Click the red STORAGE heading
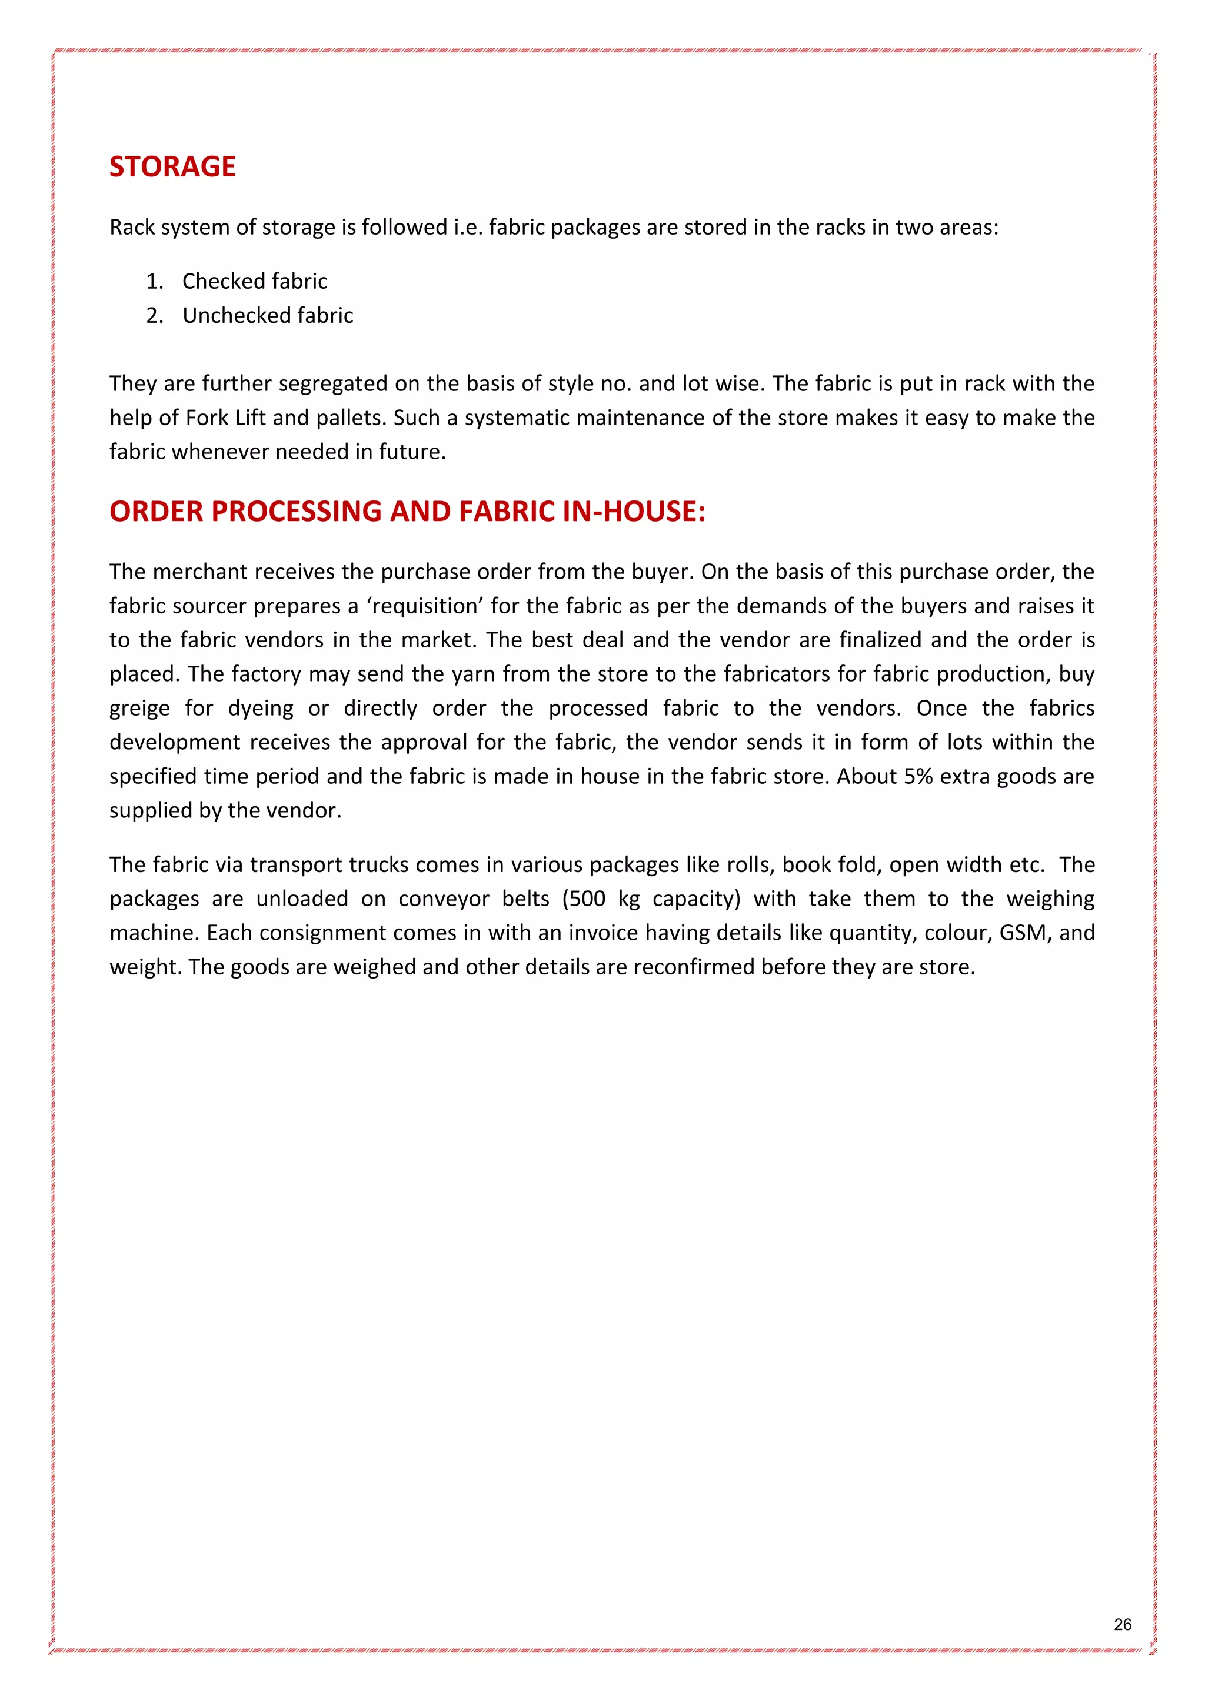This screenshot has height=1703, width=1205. [172, 167]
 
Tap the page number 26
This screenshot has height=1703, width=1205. [1122, 1624]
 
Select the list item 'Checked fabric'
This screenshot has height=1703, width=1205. [255, 281]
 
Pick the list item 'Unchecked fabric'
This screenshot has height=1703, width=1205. [268, 315]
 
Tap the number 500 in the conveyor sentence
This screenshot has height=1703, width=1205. [586, 899]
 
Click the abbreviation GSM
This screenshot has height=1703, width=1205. [1023, 933]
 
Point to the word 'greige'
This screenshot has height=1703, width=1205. [139, 709]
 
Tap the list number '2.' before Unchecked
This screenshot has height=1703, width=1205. [154, 316]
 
